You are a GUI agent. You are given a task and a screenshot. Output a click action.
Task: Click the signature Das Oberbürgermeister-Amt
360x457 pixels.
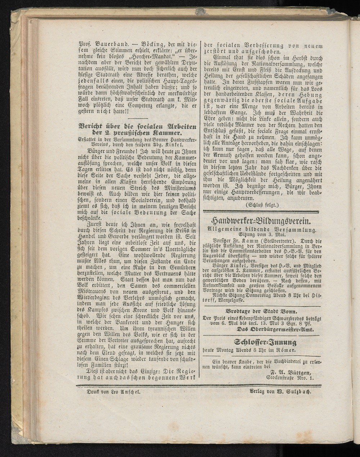click(x=275, y=330)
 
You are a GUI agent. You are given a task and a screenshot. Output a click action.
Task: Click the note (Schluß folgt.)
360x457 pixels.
click(x=261, y=205)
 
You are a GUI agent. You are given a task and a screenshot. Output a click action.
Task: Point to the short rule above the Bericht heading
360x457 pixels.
click(x=138, y=118)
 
